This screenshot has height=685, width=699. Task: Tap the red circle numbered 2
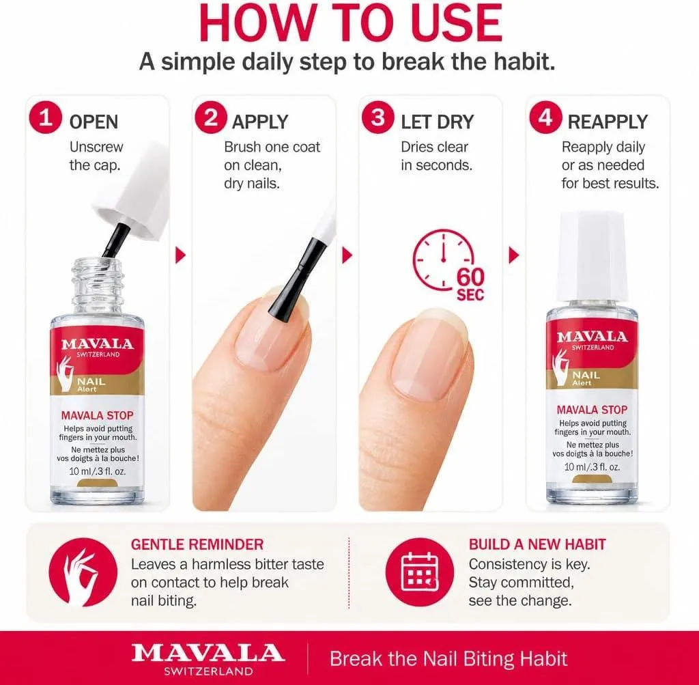(211, 117)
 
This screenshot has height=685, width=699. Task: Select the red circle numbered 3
(377, 117)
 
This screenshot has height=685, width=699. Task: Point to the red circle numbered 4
(545, 117)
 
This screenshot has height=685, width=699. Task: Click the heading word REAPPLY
(608, 122)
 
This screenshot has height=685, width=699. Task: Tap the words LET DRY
(438, 122)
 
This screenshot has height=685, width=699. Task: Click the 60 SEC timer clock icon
(446, 263)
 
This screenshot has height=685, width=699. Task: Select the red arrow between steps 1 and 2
(180, 255)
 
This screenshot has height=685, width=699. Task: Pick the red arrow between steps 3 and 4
(513, 255)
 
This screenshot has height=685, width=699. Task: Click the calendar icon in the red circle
(420, 572)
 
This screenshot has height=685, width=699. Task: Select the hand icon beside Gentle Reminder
(83, 572)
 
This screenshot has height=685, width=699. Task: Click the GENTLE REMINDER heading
(197, 544)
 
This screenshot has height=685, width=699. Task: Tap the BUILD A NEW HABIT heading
(537, 544)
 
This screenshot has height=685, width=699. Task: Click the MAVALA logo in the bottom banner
(208, 658)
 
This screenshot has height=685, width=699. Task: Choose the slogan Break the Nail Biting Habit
(448, 658)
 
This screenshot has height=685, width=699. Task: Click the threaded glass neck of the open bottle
(98, 285)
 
